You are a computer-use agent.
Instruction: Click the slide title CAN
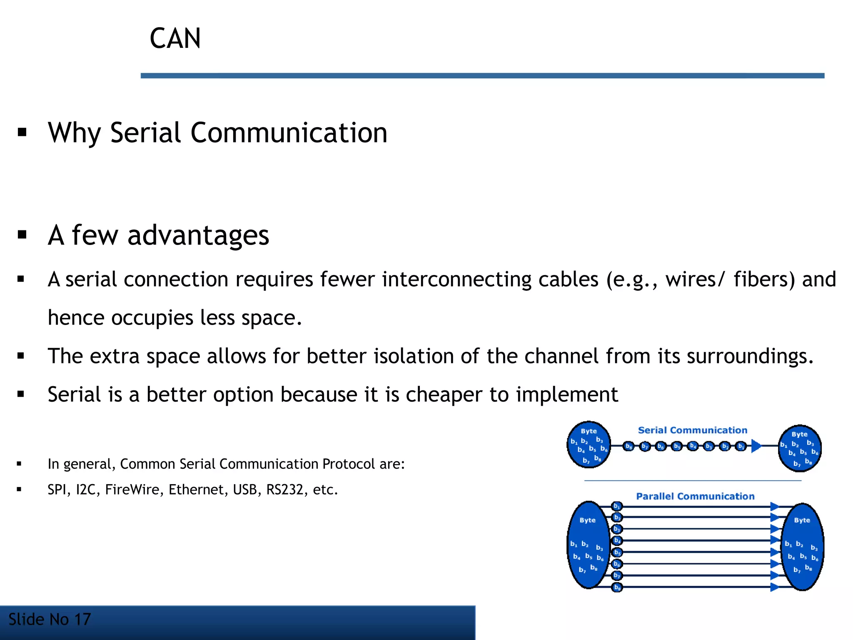[175, 38]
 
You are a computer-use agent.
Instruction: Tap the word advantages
[198, 235]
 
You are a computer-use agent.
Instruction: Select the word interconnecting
[456, 279]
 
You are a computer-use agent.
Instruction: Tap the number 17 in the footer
[82, 620]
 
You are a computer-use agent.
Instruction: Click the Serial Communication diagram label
[692, 430]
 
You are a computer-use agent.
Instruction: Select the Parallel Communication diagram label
[695, 496]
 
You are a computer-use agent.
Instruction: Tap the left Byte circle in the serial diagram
[589, 445]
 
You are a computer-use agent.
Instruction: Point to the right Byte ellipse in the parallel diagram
[802, 547]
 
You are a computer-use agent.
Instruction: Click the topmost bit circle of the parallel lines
[617, 506]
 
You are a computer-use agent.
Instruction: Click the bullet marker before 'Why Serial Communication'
[22, 133]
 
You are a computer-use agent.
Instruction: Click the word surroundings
[749, 356]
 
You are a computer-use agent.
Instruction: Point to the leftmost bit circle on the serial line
[629, 446]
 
